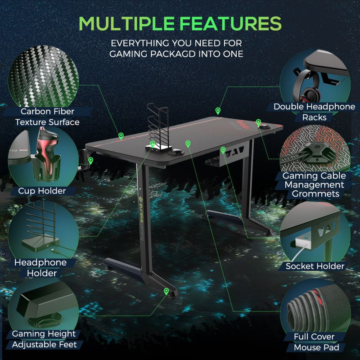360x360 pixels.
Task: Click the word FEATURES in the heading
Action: click(233, 24)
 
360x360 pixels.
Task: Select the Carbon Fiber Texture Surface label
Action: click(47, 117)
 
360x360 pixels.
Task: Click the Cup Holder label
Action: click(42, 191)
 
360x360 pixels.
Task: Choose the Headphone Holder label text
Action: click(41, 268)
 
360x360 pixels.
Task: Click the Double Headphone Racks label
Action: click(315, 112)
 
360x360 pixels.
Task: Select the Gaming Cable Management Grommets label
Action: click(314, 185)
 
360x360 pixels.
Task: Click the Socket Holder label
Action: click(315, 266)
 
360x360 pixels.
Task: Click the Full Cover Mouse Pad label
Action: click(314, 342)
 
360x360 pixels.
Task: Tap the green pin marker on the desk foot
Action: click(166, 292)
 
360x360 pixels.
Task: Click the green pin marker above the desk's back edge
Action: click(218, 110)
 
